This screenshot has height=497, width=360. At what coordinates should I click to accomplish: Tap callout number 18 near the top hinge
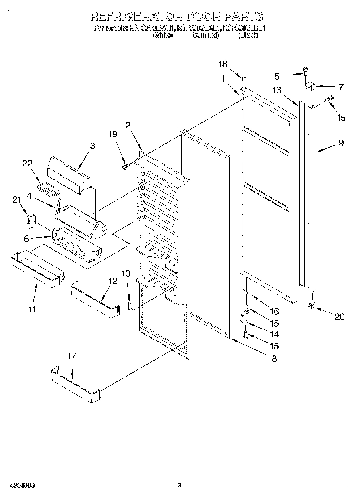point(222,64)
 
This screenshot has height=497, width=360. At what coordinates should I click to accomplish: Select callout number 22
point(27,163)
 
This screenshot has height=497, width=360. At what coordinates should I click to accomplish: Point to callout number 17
point(71,356)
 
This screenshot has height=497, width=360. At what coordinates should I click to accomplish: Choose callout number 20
point(339,317)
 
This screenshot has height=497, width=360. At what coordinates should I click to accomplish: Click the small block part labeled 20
point(311,306)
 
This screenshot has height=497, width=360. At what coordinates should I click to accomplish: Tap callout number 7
point(341,87)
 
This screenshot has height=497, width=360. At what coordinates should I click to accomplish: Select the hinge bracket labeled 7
point(309,85)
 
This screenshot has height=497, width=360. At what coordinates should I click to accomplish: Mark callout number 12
point(113,281)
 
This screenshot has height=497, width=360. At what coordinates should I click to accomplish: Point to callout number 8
point(274,359)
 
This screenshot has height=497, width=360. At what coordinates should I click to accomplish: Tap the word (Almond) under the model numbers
point(205,35)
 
